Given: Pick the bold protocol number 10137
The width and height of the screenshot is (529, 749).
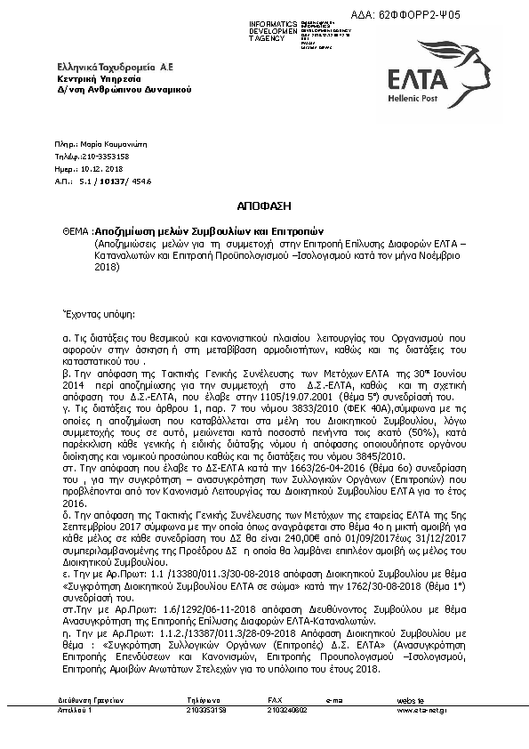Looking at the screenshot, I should tap(108, 178).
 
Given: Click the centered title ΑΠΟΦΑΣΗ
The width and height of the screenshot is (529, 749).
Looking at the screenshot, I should tap(264, 204).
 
